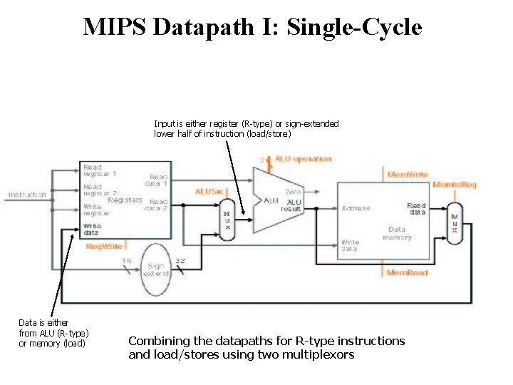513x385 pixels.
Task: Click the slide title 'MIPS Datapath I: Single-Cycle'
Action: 253,27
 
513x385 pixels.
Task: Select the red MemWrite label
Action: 408,175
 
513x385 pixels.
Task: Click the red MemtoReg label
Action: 455,185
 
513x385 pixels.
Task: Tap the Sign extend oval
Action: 156,269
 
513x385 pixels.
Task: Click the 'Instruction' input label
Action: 27,195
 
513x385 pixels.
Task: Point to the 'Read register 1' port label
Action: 100,170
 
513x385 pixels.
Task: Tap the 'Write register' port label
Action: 97,210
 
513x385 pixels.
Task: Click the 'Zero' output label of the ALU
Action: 292,192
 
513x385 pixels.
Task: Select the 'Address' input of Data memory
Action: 356,208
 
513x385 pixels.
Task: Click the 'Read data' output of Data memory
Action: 416,209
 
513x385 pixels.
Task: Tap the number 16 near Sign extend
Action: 126,262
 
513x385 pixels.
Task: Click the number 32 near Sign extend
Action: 180,262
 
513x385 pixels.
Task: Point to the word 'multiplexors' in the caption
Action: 318,354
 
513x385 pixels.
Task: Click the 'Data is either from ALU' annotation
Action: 53,333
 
